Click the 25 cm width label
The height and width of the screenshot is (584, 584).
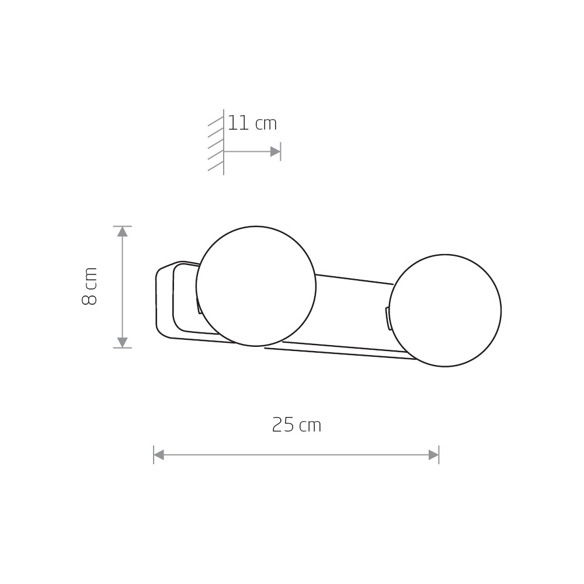297,425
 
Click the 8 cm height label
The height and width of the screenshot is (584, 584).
89,286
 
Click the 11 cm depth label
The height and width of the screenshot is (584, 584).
252,123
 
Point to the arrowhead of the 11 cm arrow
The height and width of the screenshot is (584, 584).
275,152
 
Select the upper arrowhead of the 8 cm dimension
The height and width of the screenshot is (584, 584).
123,232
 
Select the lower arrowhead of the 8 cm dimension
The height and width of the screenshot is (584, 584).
123,342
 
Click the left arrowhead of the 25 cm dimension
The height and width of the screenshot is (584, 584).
159,455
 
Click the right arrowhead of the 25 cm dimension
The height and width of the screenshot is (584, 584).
433,455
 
